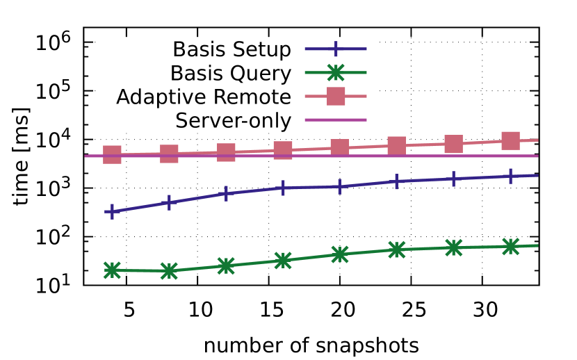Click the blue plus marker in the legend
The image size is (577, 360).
click(336, 49)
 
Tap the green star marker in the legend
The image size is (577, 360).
click(336, 72)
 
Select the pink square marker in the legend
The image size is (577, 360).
click(336, 96)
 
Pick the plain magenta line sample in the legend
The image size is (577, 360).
click(336, 120)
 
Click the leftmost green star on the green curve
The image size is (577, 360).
click(112, 270)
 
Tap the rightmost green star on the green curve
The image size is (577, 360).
click(510, 247)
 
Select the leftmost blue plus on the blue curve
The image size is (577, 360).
click(112, 211)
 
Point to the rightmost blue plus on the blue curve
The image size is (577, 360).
click(510, 176)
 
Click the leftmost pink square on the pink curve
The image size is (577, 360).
click(112, 154)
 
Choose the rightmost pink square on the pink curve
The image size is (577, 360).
click(510, 141)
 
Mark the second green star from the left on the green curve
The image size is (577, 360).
click(169, 270)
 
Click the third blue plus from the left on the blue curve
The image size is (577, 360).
click(226, 193)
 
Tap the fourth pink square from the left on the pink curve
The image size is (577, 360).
click(283, 150)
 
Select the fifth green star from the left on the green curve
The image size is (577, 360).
click(339, 254)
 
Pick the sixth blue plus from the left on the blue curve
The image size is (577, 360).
click(396, 181)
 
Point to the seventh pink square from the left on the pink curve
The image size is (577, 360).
click(453, 144)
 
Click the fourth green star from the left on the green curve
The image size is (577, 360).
click(283, 261)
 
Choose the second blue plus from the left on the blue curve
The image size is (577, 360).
click(169, 202)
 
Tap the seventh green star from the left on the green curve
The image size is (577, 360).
click(453, 247)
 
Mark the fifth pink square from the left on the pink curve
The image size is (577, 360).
click(339, 147)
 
